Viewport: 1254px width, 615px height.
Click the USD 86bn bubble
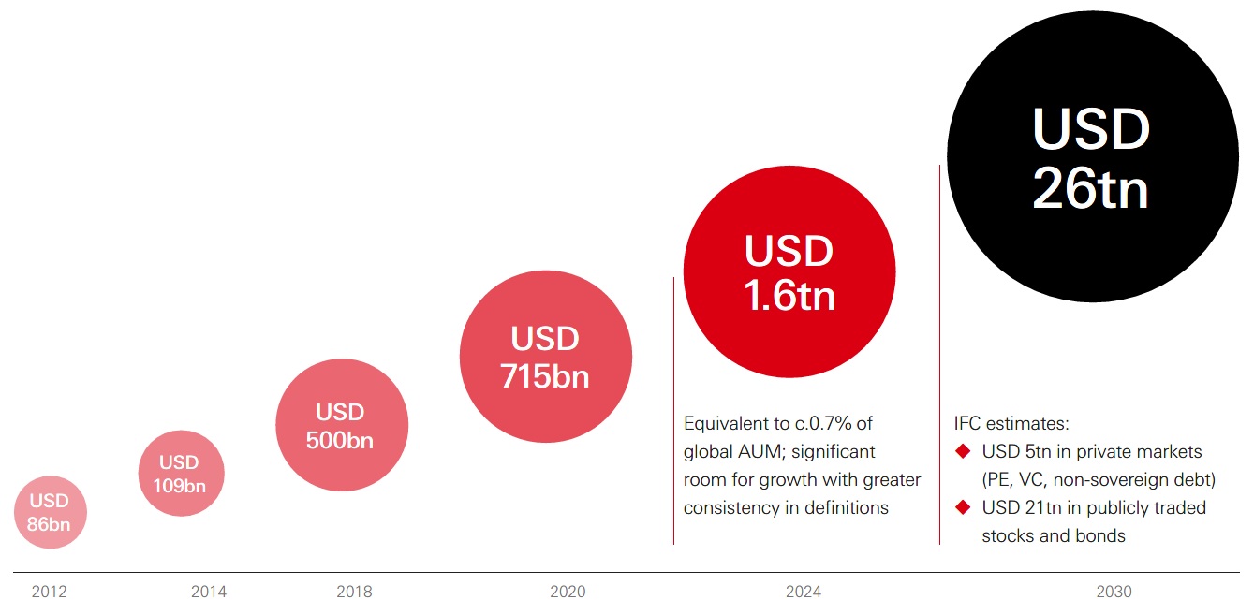50,512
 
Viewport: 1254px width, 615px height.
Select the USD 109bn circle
181,474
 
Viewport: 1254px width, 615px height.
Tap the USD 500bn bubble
342,426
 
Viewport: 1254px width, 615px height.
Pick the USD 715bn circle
545,356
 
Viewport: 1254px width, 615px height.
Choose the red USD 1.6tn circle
789,272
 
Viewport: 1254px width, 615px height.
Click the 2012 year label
49,592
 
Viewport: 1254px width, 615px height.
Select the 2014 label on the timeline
208,592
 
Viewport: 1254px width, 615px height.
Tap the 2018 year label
354,592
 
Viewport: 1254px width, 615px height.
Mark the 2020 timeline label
568,592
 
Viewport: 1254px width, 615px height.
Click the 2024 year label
804,592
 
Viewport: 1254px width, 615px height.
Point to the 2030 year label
1114,592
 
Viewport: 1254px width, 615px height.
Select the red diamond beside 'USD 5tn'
962,452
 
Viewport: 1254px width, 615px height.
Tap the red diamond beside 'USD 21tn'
962,507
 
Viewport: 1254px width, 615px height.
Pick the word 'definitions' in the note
843,508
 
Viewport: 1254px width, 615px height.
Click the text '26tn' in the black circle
1090,189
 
